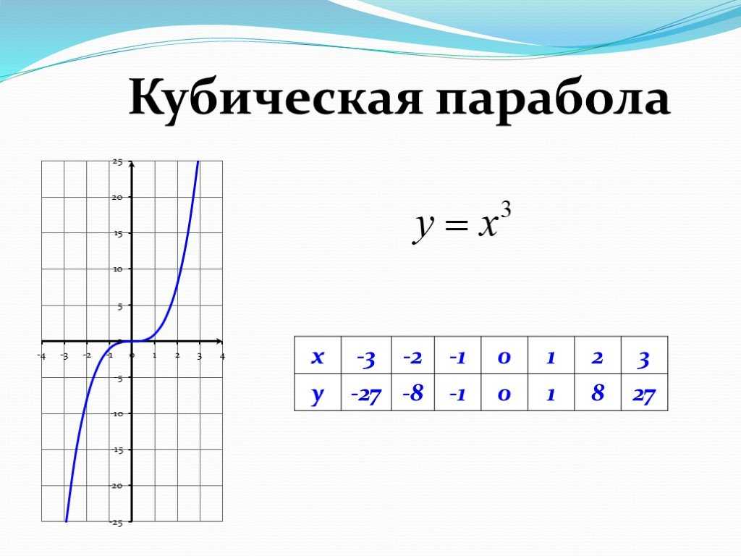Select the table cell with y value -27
(366, 392)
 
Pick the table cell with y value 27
(645, 392)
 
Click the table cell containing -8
(413, 392)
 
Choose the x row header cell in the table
(318, 355)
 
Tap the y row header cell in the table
(318, 392)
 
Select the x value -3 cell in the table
(366, 355)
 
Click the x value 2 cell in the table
(598, 355)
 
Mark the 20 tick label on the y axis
(117, 197)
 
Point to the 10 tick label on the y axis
(117, 269)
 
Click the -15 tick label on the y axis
(117, 450)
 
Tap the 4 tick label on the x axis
(222, 356)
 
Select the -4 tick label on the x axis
(41, 356)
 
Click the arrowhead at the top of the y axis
(132, 164)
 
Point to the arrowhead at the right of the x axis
(219, 341)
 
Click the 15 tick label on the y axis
(117, 233)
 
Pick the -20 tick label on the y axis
(117, 486)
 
